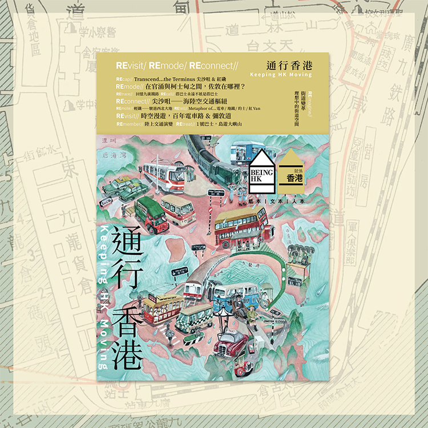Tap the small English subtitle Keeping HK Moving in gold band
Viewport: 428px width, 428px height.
pos(281,74)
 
